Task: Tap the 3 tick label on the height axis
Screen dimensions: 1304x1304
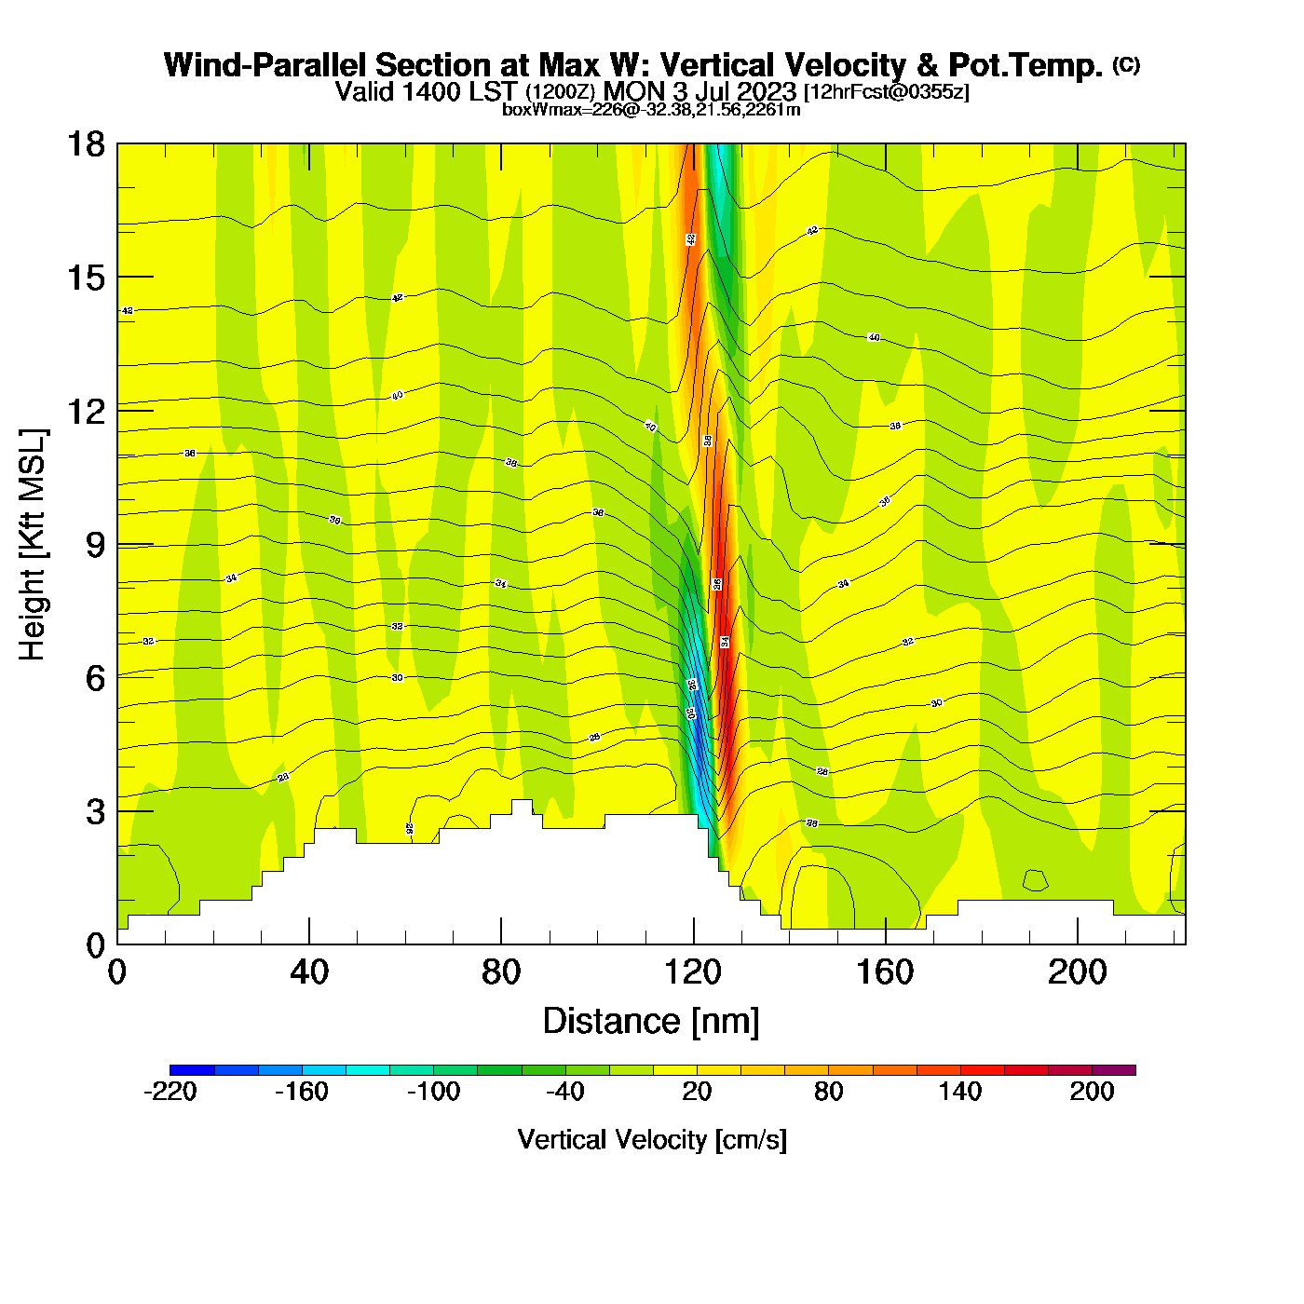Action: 95,812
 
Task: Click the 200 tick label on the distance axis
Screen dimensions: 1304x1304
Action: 1077,972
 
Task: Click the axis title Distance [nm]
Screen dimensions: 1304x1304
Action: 651,1022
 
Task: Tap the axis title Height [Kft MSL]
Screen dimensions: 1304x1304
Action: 33,545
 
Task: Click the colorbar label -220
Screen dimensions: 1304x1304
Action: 170,1092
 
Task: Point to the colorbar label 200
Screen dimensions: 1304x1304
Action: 1092,1092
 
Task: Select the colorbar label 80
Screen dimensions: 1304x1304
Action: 828,1092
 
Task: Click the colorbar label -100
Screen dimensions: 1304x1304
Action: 433,1092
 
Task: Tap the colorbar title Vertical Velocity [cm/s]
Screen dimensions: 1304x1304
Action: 652,1140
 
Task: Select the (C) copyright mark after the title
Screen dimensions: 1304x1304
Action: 1126,64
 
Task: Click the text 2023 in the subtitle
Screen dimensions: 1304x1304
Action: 769,91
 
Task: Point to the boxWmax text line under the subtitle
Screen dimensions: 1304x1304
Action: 651,110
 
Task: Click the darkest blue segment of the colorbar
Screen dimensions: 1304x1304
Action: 192,1070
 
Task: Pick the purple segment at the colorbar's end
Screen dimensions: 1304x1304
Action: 1114,1070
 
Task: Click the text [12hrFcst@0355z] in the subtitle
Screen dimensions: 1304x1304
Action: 886,91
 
